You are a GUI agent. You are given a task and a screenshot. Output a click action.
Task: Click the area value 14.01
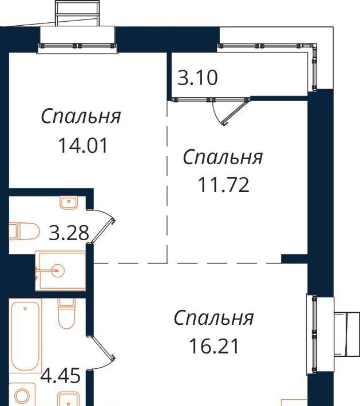(x=83, y=145)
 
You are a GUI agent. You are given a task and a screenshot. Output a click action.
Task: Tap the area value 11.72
(x=223, y=185)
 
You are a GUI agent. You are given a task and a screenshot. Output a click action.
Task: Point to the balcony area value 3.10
(x=197, y=78)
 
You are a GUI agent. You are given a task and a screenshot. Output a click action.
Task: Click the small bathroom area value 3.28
(x=69, y=233)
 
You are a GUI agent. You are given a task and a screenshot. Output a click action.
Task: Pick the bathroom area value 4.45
(x=61, y=376)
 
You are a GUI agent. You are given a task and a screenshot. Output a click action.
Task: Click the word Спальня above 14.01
(x=81, y=117)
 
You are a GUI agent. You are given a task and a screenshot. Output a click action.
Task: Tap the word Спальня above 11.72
(x=223, y=157)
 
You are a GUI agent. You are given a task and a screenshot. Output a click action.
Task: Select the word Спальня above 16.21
(x=214, y=318)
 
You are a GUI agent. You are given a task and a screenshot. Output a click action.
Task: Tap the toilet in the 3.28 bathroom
(x=25, y=231)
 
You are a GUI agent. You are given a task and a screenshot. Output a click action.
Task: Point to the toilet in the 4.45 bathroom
(x=66, y=313)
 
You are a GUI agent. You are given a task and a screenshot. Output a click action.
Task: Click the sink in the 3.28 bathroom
(x=69, y=202)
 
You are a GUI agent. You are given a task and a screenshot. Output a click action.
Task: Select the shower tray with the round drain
(x=61, y=270)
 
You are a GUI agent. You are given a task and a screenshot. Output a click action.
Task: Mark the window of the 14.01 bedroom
(x=77, y=46)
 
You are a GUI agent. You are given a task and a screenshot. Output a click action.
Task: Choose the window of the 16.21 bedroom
(x=314, y=334)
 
